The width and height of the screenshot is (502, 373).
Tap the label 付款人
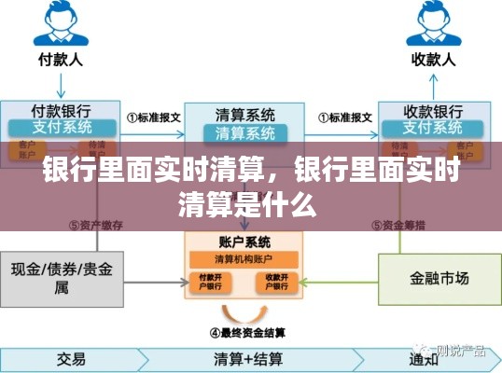(63, 60)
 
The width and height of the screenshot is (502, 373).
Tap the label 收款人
(433, 60)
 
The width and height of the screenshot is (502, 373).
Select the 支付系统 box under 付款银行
(63, 126)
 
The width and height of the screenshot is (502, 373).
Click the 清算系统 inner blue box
(245, 132)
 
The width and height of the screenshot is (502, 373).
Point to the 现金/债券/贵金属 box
(63, 277)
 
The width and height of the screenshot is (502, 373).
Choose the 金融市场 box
(432, 277)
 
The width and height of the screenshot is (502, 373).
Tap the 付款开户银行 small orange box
(210, 281)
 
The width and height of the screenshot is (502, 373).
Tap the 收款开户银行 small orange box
(278, 281)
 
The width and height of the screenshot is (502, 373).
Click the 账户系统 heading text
(244, 241)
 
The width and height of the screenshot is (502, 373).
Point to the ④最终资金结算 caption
(247, 331)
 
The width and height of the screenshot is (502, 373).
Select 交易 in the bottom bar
(71, 358)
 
